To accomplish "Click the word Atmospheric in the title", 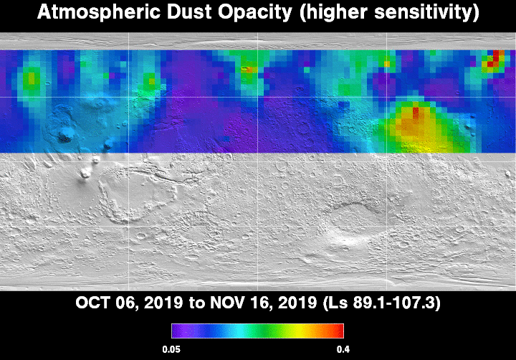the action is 99,12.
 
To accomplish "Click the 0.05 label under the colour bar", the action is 171,349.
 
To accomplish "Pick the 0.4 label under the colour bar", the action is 343,349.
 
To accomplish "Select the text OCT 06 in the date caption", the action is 105,303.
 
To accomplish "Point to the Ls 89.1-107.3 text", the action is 382,303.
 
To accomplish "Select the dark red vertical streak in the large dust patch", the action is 416,113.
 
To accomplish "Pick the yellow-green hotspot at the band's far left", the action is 32,79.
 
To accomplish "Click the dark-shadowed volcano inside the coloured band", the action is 65,135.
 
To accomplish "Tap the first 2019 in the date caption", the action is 163,303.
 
